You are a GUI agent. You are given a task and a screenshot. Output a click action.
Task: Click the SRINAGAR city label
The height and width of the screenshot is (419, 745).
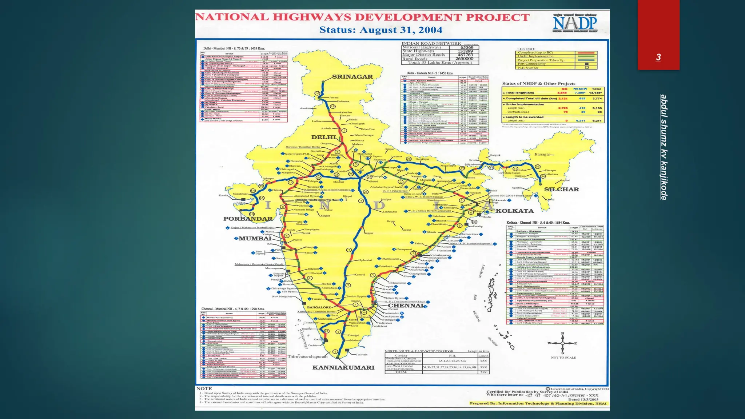[x=352, y=77]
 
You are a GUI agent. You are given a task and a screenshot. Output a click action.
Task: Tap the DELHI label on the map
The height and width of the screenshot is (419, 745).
[x=323, y=137]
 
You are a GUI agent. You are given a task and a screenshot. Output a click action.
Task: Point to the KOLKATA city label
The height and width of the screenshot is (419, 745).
[x=514, y=211]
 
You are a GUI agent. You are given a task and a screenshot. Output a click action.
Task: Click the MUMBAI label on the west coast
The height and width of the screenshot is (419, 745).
[x=255, y=239]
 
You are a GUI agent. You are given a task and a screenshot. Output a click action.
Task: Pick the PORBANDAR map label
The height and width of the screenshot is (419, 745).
[x=248, y=219]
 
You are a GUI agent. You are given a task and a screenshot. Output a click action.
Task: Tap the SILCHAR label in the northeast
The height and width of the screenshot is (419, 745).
[x=561, y=189]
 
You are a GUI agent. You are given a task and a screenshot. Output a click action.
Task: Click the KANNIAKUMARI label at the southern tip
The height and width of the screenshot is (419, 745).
[x=343, y=367]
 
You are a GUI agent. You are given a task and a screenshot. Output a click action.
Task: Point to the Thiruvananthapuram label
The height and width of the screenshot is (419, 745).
[x=308, y=356]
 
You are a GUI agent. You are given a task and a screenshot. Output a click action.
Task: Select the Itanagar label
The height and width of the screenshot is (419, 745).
[x=542, y=154]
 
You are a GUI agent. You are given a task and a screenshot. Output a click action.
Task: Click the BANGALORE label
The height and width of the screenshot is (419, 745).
[x=319, y=307]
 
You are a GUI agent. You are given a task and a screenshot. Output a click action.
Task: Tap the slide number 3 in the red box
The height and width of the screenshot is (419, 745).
[x=658, y=57]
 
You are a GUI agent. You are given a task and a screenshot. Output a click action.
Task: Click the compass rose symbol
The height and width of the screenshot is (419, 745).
[x=562, y=343]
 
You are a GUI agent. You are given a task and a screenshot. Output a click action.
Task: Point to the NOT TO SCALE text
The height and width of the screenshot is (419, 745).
[x=563, y=358]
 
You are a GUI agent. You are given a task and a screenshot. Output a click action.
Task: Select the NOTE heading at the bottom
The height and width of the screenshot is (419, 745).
[x=204, y=388]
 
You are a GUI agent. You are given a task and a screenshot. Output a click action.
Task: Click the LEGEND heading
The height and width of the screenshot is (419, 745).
[x=526, y=49]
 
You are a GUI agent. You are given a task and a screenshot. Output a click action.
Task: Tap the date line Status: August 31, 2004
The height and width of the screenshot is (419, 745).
[x=381, y=30]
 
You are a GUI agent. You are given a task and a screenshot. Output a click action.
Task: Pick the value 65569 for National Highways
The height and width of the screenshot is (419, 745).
[x=467, y=47]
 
